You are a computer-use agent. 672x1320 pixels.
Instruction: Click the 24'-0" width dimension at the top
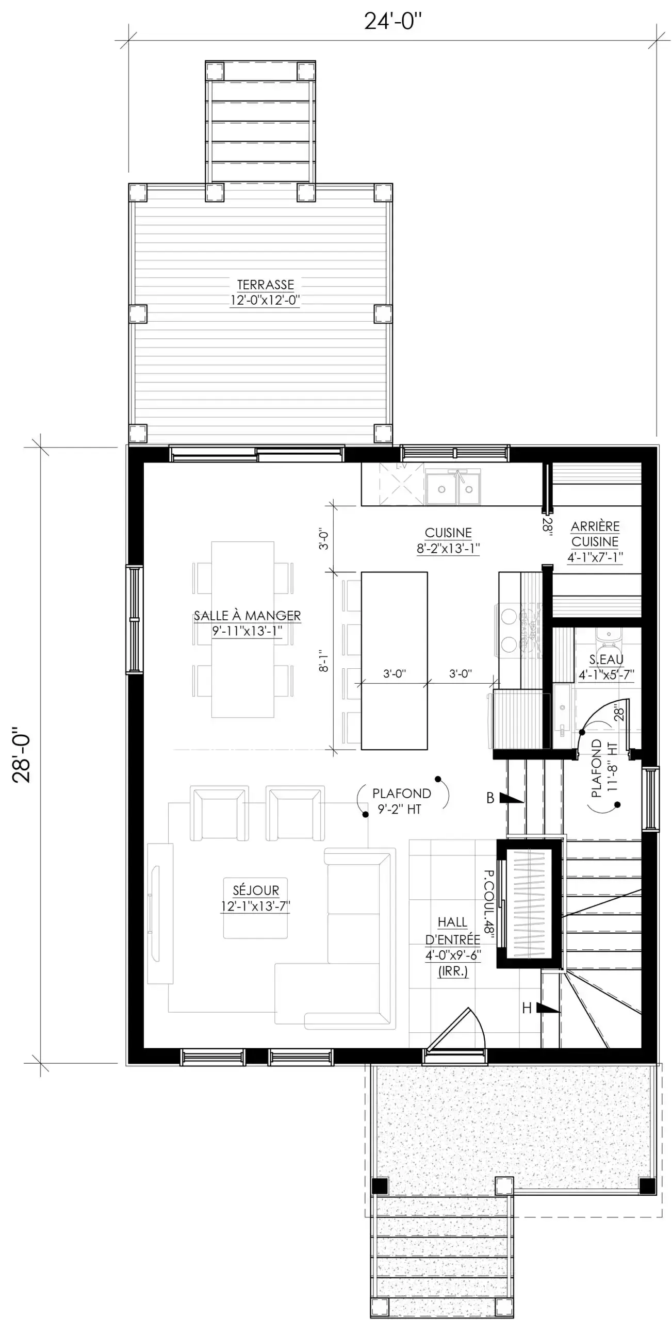(x=392, y=22)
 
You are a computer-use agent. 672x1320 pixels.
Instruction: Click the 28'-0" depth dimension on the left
(x=22, y=755)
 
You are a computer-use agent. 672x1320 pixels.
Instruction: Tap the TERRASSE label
(x=265, y=285)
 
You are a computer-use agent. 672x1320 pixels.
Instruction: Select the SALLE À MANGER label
(x=247, y=616)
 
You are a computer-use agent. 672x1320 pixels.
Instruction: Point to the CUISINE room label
(x=448, y=533)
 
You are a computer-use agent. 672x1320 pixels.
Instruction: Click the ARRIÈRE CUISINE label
(x=595, y=534)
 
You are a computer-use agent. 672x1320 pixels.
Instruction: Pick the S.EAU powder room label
(x=607, y=659)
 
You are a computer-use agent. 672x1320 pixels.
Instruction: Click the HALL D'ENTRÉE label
(x=453, y=931)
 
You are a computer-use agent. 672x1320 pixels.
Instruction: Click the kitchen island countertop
(x=394, y=661)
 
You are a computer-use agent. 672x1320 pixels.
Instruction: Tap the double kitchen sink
(x=453, y=488)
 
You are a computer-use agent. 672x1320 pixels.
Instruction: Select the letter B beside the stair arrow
(x=490, y=798)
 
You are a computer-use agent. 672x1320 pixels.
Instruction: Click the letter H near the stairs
(x=527, y=1008)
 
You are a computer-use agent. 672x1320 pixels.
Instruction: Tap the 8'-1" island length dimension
(x=323, y=661)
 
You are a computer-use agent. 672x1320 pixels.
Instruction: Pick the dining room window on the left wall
(x=134, y=619)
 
